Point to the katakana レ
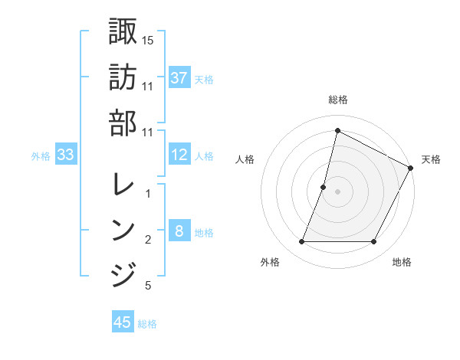123,183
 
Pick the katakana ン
123,229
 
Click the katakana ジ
123,274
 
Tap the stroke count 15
148,40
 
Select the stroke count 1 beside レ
148,194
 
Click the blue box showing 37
179,77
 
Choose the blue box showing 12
179,155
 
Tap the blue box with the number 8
179,232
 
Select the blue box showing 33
66,155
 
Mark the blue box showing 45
123,322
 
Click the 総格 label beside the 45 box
148,324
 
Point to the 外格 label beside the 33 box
41,156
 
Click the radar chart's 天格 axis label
431,159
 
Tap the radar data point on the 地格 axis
374,242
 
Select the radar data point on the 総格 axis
337,130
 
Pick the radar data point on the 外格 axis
301,242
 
